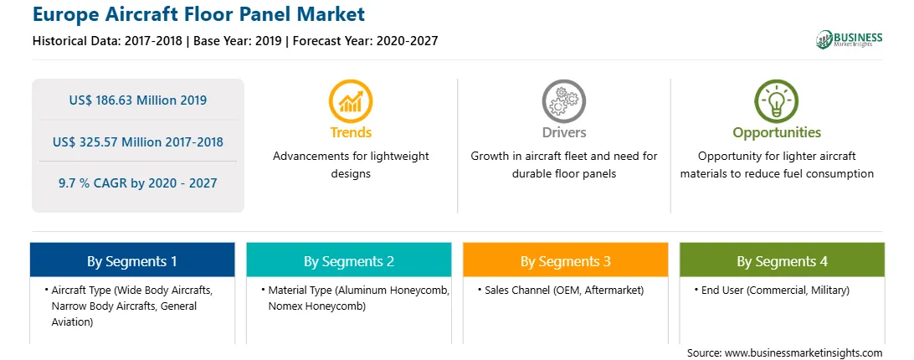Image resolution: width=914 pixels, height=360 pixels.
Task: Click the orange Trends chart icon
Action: pyautogui.click(x=351, y=101)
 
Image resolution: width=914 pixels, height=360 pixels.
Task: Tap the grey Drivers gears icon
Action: pyautogui.click(x=563, y=101)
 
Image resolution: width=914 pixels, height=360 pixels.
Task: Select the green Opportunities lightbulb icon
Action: pyautogui.click(x=777, y=101)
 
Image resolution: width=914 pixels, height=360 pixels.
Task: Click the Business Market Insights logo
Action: pyautogui.click(x=850, y=39)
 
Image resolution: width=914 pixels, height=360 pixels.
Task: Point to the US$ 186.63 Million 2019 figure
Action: pyautogui.click(x=137, y=100)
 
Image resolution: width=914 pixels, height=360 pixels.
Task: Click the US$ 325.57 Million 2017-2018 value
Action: pyautogui.click(x=137, y=141)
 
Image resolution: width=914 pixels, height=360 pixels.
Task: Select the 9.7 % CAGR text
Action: pyautogui.click(x=137, y=183)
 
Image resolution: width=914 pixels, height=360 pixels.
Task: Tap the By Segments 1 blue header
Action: pyautogui.click(x=132, y=260)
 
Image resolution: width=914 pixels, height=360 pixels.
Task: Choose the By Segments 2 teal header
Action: pyautogui.click(x=348, y=260)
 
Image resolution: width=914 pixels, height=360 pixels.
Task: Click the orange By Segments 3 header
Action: pyautogui.click(x=566, y=260)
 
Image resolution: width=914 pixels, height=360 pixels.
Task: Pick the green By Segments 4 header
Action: pyautogui.click(x=783, y=260)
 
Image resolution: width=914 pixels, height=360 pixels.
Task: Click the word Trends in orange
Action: pyautogui.click(x=351, y=132)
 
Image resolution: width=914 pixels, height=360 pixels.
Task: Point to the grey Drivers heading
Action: pyautogui.click(x=564, y=132)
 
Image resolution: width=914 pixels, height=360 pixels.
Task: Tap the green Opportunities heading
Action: pyautogui.click(x=777, y=132)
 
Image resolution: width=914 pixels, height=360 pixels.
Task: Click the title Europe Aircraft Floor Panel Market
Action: pyautogui.click(x=199, y=13)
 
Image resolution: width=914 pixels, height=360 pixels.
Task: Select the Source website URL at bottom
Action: pyautogui.click(x=784, y=353)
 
